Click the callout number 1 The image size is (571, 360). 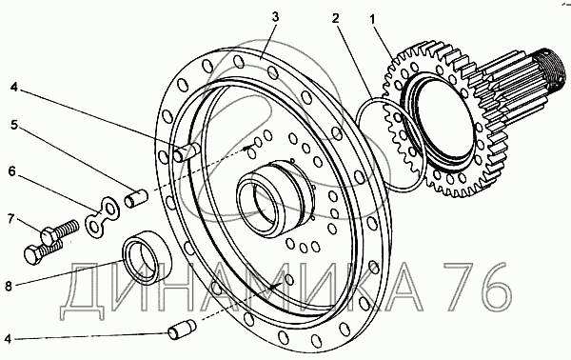pos(372,20)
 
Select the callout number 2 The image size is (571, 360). pos(335,18)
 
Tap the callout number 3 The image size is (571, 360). pos(275,17)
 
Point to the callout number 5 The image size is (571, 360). pos(13,125)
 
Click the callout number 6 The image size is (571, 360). pos(12,170)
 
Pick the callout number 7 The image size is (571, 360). pos(10,219)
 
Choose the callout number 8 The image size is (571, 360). pos(9,286)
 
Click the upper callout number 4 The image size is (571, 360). pos(13,88)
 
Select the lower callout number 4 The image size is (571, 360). pos(8,339)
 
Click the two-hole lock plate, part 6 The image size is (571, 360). pos(103,217)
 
